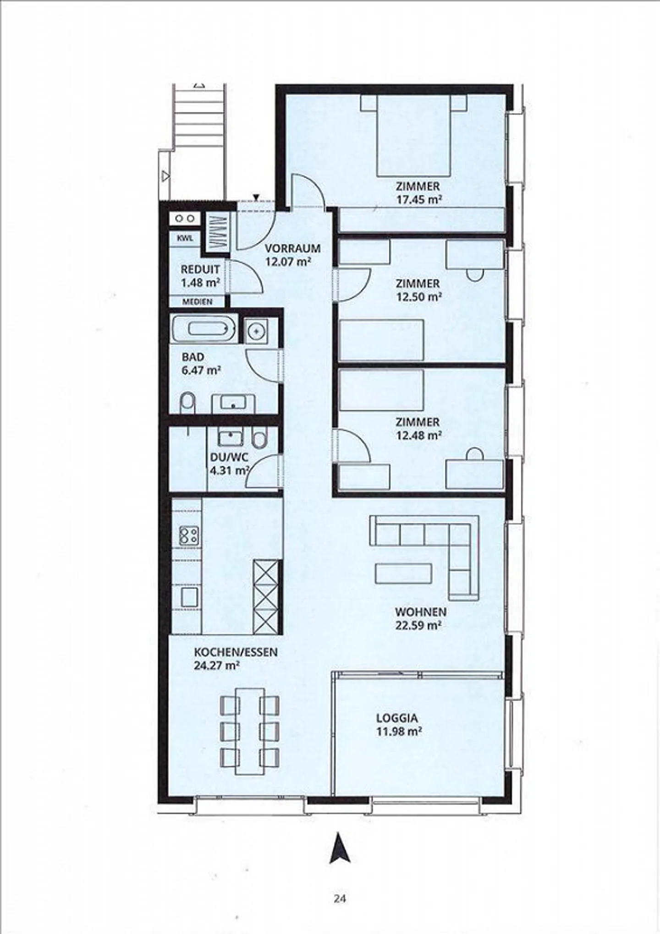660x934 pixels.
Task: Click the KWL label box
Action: coord(185,238)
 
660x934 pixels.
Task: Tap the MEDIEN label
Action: coord(198,301)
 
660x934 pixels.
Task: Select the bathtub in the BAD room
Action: coord(204,328)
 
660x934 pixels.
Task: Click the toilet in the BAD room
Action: coord(187,403)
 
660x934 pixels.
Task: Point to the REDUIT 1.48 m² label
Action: coord(200,276)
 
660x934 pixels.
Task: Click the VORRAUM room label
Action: coord(292,249)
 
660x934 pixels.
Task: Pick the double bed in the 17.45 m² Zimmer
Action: coord(413,135)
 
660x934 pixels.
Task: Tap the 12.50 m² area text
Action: coord(419,296)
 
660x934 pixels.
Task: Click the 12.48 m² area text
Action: coord(419,435)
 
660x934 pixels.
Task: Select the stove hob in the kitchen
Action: coord(189,535)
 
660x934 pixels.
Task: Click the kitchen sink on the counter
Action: coord(189,597)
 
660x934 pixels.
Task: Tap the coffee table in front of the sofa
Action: coord(403,573)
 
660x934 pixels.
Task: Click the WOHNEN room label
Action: coord(421,612)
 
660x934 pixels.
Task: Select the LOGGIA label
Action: coord(397,718)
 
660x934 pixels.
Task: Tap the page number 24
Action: coord(340,899)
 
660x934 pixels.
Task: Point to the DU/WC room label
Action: coord(229,457)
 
